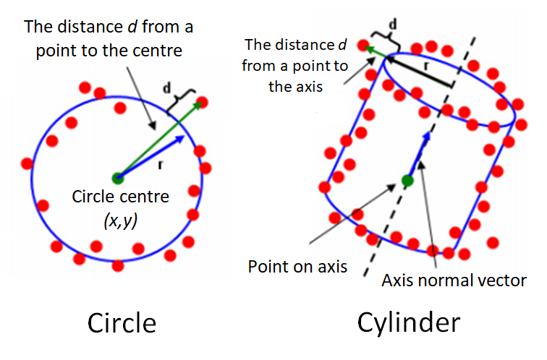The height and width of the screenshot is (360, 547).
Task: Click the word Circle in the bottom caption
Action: coord(122,322)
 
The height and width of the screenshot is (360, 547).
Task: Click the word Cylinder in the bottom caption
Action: coord(408,322)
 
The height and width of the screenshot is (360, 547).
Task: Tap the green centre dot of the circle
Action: coord(118,178)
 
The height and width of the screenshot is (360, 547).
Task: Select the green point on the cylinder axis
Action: coord(407,181)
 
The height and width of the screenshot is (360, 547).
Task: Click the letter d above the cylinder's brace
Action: coord(393,25)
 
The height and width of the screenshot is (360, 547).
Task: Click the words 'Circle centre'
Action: coord(118,196)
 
